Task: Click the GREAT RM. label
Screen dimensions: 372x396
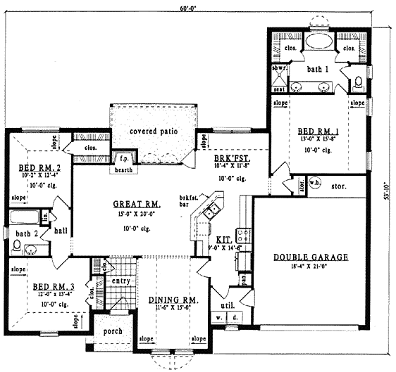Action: [x=137, y=204]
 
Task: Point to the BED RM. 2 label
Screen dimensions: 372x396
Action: [x=32, y=168]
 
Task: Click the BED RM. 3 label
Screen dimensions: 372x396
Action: [x=49, y=286]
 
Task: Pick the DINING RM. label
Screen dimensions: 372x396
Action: [x=173, y=300]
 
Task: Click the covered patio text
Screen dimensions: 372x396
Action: [x=153, y=132]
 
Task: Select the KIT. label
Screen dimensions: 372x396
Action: [x=223, y=239]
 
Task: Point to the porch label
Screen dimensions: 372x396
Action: [x=113, y=331]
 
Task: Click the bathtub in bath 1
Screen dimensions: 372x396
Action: [x=318, y=41]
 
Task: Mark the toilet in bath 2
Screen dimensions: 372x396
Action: [x=16, y=246]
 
